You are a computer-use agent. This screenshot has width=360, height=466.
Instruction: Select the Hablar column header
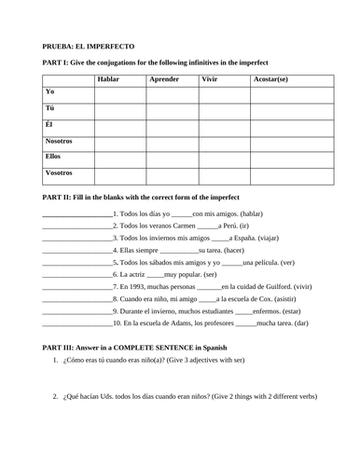coord(109,80)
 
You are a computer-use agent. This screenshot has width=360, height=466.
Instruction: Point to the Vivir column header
coord(212,80)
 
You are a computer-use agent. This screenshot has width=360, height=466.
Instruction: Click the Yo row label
coord(49,91)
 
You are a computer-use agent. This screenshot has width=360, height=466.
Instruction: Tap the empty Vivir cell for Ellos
coord(223,160)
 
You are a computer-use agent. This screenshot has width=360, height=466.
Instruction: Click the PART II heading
coord(141,198)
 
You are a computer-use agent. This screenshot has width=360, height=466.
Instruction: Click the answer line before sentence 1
coord(76,215)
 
